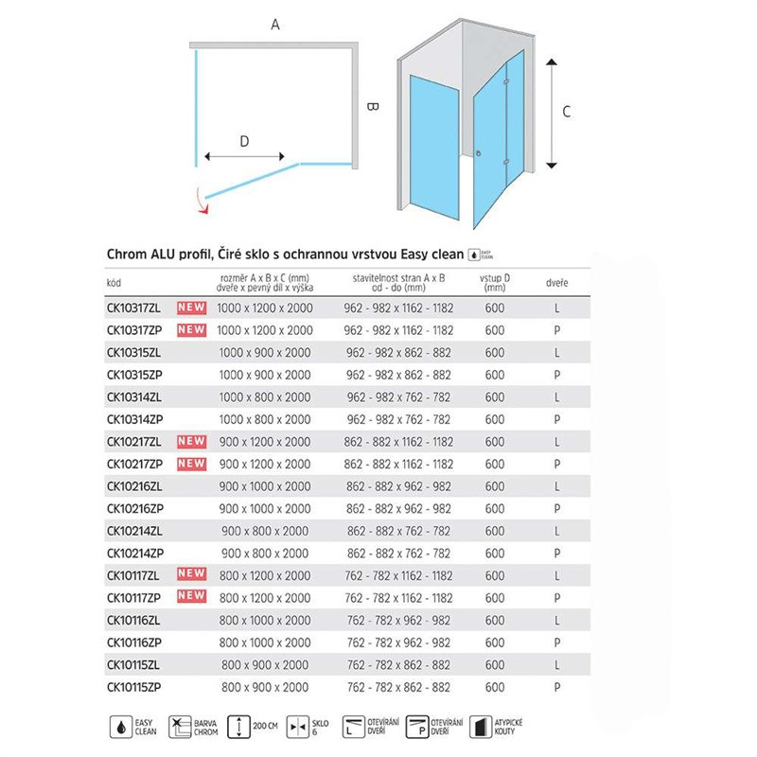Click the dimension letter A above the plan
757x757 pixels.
click(x=275, y=26)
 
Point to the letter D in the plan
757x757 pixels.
click(x=244, y=142)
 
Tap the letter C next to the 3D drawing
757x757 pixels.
click(x=566, y=111)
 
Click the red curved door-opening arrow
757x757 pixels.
click(x=198, y=200)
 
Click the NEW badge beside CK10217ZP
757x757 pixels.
click(x=192, y=464)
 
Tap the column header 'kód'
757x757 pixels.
click(x=114, y=282)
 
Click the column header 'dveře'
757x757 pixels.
click(x=557, y=282)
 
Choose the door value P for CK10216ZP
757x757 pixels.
click(x=558, y=508)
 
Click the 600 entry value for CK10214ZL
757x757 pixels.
click(x=494, y=531)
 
